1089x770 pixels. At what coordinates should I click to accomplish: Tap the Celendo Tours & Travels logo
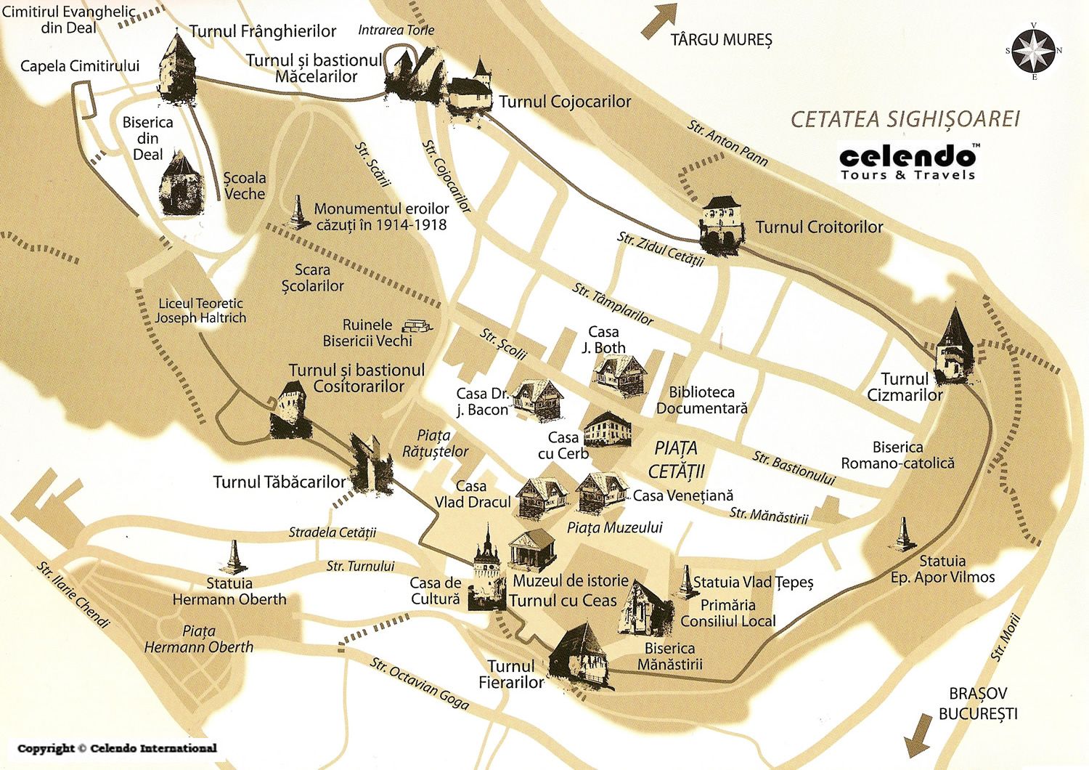point(908,162)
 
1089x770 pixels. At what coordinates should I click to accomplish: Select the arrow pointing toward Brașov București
point(918,735)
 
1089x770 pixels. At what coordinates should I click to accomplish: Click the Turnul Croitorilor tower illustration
point(722,225)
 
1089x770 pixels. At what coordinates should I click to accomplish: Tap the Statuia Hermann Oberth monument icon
point(233,556)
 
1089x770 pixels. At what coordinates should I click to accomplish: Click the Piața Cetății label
point(676,459)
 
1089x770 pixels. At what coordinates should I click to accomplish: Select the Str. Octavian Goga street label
point(420,684)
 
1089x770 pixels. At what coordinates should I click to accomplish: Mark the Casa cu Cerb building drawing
point(608,429)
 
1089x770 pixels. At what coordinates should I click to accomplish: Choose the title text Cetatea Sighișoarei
point(905,119)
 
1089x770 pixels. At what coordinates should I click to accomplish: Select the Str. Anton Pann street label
point(727,143)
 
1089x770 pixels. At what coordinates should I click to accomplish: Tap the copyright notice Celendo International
point(117,748)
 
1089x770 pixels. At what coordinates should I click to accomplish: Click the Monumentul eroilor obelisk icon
point(296,212)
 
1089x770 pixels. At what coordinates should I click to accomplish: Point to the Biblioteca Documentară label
point(701,400)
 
